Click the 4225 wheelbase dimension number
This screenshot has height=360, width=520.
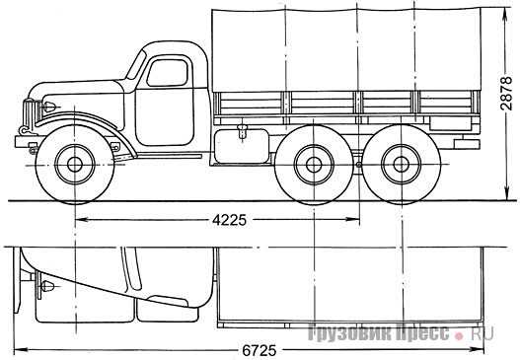point(230,220)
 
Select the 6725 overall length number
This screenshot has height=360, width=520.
point(259,350)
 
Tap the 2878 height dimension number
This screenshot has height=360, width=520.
point(507,94)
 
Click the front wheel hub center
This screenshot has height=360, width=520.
point(75,165)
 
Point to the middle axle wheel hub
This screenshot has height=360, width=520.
point(314,165)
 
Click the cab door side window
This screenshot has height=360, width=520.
point(168,73)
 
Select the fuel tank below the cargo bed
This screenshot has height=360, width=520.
point(242,146)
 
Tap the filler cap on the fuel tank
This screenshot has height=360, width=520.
point(243,131)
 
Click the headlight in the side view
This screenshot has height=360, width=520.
point(49,107)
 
